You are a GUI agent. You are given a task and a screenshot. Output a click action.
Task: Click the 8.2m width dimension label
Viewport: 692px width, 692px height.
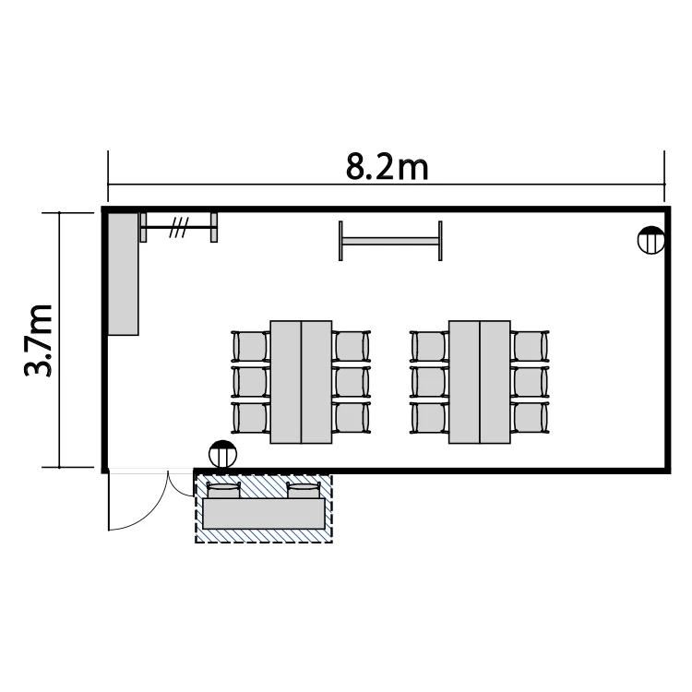[387, 168]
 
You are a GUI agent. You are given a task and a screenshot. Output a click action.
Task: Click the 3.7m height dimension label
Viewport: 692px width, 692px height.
[39, 340]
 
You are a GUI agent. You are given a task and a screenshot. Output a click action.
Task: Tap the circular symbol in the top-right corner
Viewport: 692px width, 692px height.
[651, 240]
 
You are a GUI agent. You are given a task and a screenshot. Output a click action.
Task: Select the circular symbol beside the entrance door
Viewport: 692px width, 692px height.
[223, 454]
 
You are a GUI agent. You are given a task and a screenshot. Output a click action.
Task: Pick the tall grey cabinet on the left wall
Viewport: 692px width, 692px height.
[123, 274]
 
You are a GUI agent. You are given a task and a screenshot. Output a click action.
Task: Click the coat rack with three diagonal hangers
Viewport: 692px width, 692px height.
[179, 227]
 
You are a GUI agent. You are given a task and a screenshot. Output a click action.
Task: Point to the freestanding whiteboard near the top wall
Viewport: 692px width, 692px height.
[390, 241]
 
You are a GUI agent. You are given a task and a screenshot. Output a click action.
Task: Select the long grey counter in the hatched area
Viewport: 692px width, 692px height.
[264, 514]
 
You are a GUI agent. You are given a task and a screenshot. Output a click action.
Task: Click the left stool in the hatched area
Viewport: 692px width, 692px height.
[224, 490]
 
